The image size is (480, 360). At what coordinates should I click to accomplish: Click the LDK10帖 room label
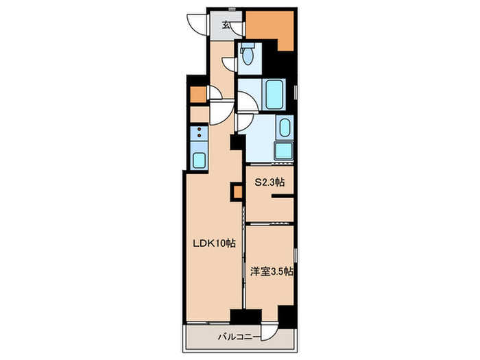[214, 243]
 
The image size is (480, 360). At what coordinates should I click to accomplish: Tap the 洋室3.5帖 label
[272, 272]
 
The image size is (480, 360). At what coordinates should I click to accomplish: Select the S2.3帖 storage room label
[270, 182]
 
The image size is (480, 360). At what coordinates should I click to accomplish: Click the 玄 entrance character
[226, 25]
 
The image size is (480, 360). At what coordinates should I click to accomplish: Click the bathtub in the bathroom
[274, 95]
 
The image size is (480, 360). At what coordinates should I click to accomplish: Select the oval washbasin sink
[285, 128]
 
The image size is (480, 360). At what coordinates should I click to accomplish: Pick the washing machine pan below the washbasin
[285, 151]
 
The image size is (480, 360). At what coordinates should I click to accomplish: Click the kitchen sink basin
[199, 160]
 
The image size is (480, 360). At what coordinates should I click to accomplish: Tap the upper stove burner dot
[200, 129]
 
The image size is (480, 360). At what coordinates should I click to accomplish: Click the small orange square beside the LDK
[238, 192]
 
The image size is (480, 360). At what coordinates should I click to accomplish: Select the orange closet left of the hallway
[198, 95]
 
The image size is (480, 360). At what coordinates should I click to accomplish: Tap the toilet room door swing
[229, 64]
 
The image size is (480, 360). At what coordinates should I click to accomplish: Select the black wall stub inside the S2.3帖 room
[283, 196]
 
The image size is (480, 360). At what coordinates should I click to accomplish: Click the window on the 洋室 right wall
[296, 255]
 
